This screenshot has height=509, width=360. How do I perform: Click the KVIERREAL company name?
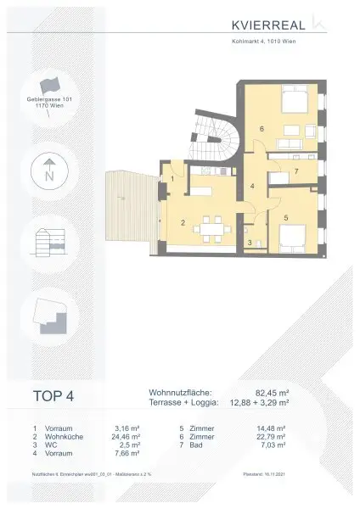266,24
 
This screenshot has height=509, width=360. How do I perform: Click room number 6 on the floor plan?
262,129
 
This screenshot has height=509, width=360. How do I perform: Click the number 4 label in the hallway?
252,185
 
